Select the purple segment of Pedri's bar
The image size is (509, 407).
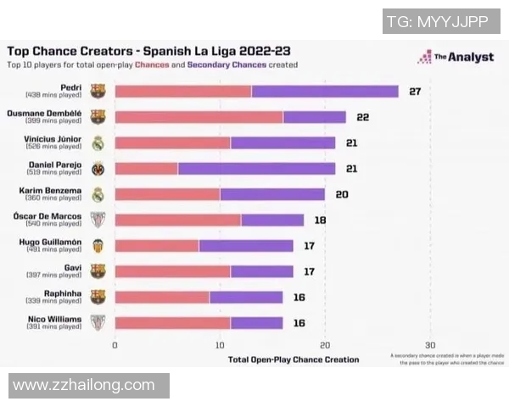tap(325, 91)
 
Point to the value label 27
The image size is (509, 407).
tap(415, 91)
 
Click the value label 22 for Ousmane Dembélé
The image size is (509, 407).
tap(362, 117)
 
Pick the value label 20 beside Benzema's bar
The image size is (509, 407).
tap(342, 194)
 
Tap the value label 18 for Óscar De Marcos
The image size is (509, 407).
tap(321, 220)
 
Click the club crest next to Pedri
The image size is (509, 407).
tap(98, 91)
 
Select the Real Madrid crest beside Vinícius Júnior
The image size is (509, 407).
tap(98, 142)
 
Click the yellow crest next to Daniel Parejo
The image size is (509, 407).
tap(98, 168)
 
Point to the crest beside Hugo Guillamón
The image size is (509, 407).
tap(98, 246)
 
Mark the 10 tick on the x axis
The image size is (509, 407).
tap(220, 345)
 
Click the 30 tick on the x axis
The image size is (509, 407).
tap(430, 345)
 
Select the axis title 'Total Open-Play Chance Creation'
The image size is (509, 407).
tap(294, 360)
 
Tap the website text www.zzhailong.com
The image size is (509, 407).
tap(84, 385)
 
